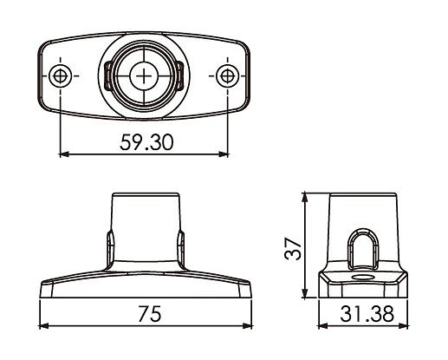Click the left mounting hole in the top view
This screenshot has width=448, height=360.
[x=60, y=75]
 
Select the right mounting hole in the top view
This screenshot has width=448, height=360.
[x=226, y=75]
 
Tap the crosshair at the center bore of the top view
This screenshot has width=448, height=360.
[x=142, y=75]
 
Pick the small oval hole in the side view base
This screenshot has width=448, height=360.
[x=360, y=279]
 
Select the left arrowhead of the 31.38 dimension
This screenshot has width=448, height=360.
[x=321, y=330]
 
